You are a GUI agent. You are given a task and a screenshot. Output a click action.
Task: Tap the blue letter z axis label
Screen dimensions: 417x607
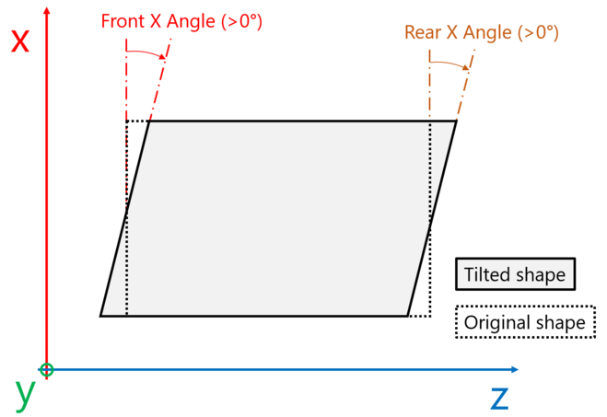coord(499,397)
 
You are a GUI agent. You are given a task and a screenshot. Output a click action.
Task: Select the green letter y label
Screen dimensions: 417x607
coord(25,394)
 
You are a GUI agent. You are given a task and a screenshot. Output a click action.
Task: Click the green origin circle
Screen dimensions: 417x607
coord(47,370)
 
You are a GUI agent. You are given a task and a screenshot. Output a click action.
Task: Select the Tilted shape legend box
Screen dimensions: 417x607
coord(514,274)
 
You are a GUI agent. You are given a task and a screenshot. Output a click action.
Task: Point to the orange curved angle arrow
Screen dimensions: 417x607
coord(450,64)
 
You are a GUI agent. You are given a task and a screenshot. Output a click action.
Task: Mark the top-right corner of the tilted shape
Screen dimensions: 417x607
coord(457,121)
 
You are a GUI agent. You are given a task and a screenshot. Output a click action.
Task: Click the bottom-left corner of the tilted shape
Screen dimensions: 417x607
coord(100,316)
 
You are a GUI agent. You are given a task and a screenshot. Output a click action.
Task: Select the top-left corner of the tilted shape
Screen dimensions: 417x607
coord(148,121)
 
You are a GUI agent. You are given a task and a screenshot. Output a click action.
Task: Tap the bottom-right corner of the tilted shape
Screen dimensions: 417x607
coord(407,316)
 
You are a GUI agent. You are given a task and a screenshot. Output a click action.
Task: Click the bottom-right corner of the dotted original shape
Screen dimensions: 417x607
coord(430,316)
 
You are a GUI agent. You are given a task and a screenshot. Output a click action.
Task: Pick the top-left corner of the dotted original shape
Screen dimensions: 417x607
coord(126,121)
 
